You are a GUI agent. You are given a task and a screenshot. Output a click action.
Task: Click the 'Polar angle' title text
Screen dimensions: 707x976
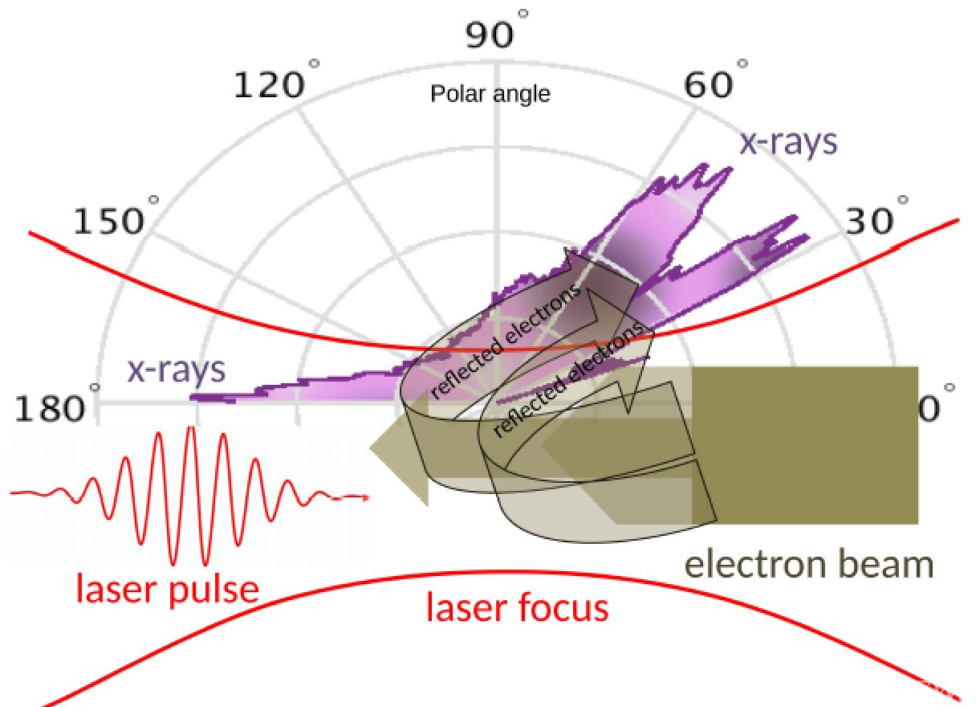tap(490, 94)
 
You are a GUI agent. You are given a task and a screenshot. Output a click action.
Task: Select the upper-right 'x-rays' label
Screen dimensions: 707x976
tap(787, 142)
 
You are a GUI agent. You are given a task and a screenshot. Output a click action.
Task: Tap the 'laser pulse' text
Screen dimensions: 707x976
tap(167, 590)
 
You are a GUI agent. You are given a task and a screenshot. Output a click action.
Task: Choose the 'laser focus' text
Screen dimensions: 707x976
tap(517, 608)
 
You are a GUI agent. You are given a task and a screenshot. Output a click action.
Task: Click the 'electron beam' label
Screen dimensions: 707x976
tap(809, 565)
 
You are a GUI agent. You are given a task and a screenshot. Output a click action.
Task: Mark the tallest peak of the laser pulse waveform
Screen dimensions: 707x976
tap(190, 430)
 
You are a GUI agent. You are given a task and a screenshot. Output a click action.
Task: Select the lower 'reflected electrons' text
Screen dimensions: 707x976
tap(570, 378)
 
